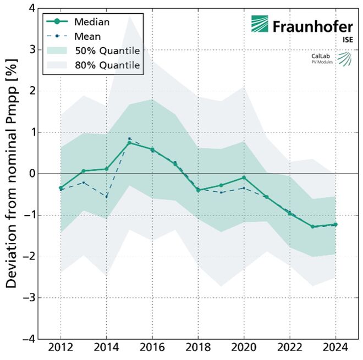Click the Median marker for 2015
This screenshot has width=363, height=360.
point(129,143)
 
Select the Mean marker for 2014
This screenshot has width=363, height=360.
point(106,196)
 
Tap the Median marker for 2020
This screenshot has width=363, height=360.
point(244,178)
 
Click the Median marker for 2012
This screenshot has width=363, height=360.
point(61,188)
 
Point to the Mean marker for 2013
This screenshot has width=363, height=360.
point(84,182)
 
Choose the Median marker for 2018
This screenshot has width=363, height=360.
point(198,190)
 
